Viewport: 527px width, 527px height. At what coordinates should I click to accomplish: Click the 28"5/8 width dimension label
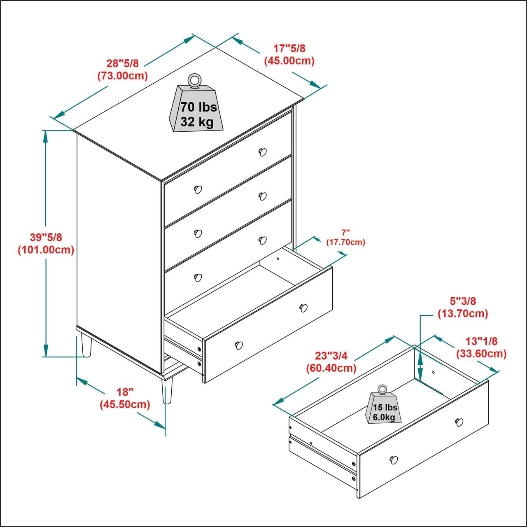[122, 63]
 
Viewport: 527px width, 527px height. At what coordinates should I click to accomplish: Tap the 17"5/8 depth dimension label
[289, 49]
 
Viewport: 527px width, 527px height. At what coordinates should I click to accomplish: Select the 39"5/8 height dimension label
[46, 237]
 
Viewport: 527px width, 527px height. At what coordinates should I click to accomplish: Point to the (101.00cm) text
[46, 250]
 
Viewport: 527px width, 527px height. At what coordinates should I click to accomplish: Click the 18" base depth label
[125, 392]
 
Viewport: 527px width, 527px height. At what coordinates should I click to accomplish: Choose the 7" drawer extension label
[345, 233]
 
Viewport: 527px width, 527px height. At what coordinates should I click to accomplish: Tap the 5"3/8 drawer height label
[463, 301]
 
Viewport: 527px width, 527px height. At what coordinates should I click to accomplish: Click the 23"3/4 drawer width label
[331, 356]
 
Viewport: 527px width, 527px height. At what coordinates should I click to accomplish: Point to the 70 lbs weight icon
[196, 108]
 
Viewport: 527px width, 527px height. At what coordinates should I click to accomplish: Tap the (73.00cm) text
[123, 76]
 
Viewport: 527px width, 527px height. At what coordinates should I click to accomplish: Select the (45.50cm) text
[125, 404]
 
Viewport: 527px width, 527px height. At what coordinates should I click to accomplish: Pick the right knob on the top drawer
[263, 152]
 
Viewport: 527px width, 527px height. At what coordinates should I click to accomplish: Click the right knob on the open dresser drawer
[303, 308]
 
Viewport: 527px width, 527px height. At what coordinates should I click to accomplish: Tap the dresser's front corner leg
[167, 391]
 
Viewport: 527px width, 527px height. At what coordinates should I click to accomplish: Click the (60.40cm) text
[331, 368]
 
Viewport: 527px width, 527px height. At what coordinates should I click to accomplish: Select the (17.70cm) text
[345, 243]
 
